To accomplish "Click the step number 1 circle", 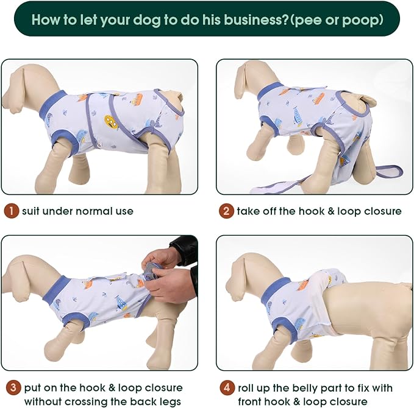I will [x=10, y=211].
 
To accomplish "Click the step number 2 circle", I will [x=226, y=211].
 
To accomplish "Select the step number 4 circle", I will [x=226, y=388].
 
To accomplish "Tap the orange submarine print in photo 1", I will [x=111, y=122].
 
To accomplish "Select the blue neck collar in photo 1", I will [x=51, y=104].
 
